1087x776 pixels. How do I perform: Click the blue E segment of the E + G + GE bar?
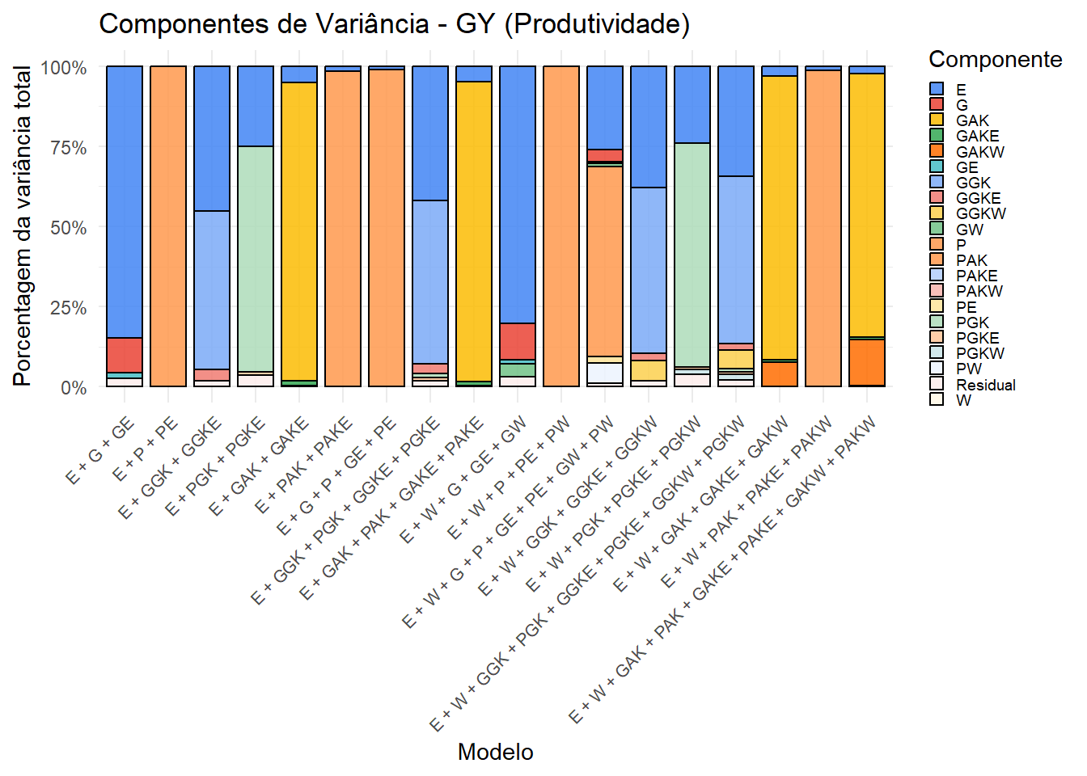tap(125, 202)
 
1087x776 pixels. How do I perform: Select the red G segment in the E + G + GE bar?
tap(125, 355)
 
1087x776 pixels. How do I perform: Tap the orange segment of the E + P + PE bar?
tap(168, 226)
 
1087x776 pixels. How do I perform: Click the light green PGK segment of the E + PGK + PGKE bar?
tap(256, 259)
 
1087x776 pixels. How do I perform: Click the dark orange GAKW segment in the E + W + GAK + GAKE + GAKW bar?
tap(780, 373)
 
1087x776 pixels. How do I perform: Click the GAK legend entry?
tap(971, 120)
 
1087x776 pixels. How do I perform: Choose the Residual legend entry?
tap(984, 385)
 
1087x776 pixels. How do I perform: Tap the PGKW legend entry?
tap(979, 353)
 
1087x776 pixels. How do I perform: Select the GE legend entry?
tap(966, 167)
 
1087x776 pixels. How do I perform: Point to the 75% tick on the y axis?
tap(69, 148)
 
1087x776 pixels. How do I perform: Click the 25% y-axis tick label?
tap(69, 308)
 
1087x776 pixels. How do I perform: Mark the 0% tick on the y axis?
tap(74, 387)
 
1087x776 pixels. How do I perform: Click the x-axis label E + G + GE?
tap(101, 453)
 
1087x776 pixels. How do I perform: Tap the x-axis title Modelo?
tap(495, 752)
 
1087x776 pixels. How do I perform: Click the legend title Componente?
tap(995, 59)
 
